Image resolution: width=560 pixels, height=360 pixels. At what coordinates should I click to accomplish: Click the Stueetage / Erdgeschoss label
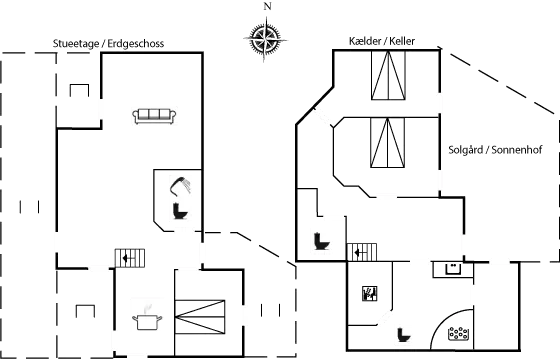click(x=108, y=44)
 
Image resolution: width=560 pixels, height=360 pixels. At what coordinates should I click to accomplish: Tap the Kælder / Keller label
click(x=381, y=41)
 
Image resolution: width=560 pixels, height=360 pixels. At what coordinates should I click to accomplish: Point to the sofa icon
click(x=154, y=117)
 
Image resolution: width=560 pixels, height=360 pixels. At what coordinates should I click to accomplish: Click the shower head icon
click(x=179, y=186)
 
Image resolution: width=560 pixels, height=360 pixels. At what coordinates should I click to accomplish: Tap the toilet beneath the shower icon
click(x=179, y=211)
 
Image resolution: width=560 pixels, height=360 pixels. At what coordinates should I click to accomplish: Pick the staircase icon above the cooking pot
click(x=131, y=258)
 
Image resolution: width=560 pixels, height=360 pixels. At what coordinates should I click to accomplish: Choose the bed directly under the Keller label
click(x=387, y=77)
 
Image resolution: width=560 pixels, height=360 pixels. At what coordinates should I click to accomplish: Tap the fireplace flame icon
click(x=368, y=293)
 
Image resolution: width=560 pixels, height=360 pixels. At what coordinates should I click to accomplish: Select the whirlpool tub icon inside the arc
click(x=459, y=332)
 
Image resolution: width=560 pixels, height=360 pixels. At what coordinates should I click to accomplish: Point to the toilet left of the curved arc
click(x=405, y=333)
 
